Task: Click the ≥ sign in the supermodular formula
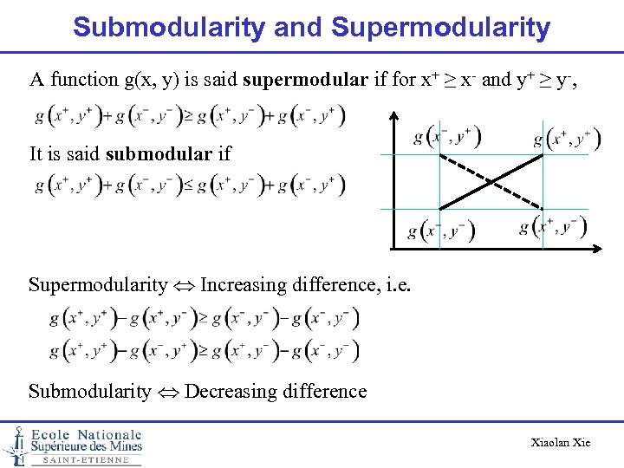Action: (202, 115)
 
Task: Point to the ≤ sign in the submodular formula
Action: (202, 184)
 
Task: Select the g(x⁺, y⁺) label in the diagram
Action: (564, 138)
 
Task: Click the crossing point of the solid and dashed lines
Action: (491, 181)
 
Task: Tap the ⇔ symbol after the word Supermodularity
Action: (184, 285)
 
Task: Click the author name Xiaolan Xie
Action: (560, 443)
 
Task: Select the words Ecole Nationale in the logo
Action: (86, 434)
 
